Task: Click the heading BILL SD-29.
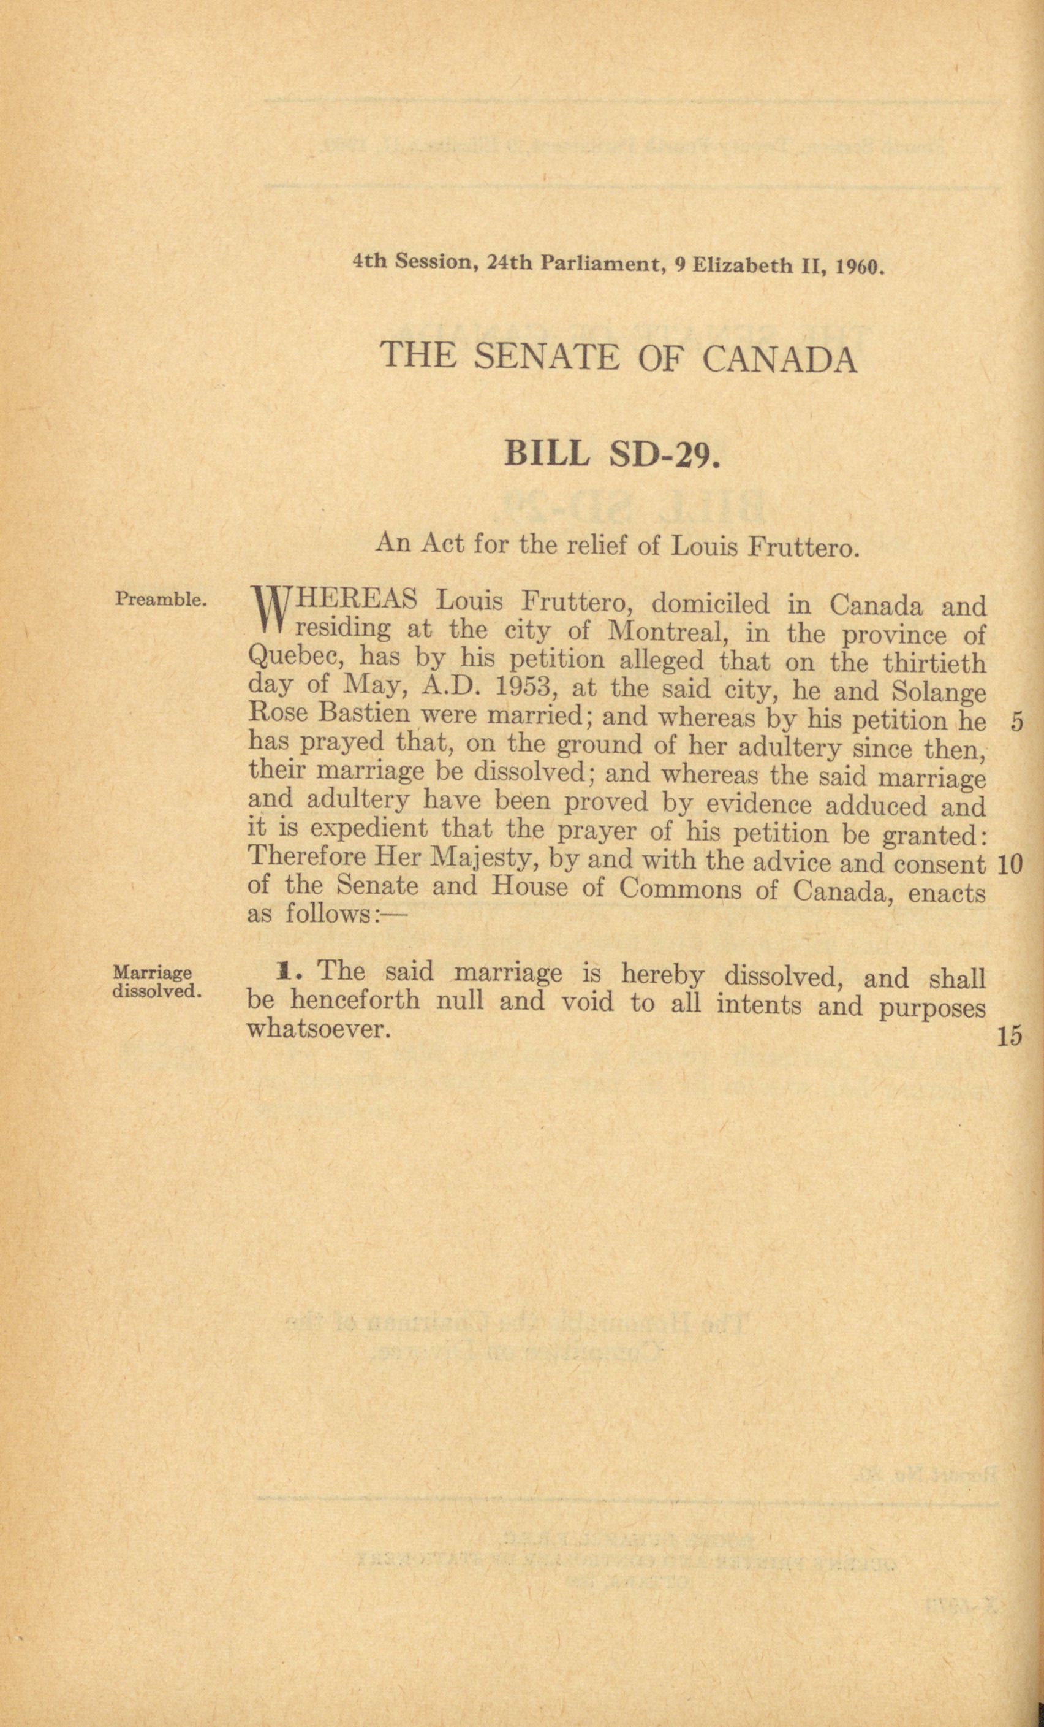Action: [x=611, y=455]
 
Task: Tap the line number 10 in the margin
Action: [x=1009, y=865]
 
